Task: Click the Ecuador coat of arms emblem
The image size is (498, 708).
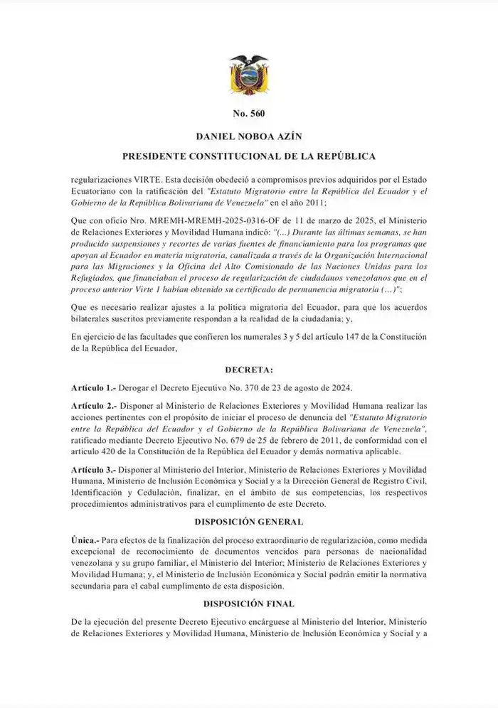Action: [249, 75]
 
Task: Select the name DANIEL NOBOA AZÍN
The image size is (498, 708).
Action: [248, 135]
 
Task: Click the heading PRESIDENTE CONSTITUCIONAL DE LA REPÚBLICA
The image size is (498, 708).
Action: [248, 156]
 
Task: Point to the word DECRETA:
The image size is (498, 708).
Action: [248, 370]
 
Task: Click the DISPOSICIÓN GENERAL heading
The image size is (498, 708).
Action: [248, 522]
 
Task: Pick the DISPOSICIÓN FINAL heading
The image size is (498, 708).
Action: [248, 604]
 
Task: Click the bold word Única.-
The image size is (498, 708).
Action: [85, 541]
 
